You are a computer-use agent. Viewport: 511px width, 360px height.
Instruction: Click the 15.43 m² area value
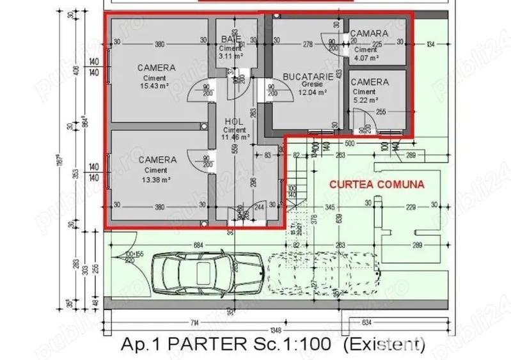(x=155, y=88)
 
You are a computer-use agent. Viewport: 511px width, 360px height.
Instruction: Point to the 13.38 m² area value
(x=155, y=180)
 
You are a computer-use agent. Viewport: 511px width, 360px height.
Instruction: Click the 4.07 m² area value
(x=366, y=57)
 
